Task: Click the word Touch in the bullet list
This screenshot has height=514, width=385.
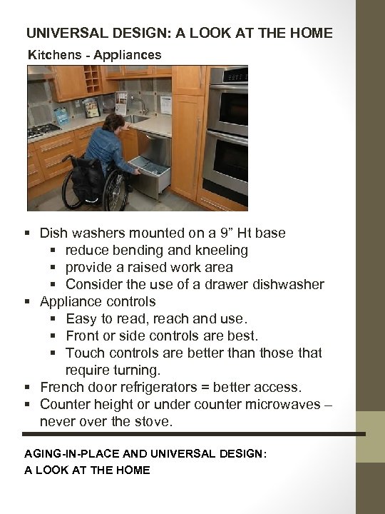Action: [83, 353]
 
